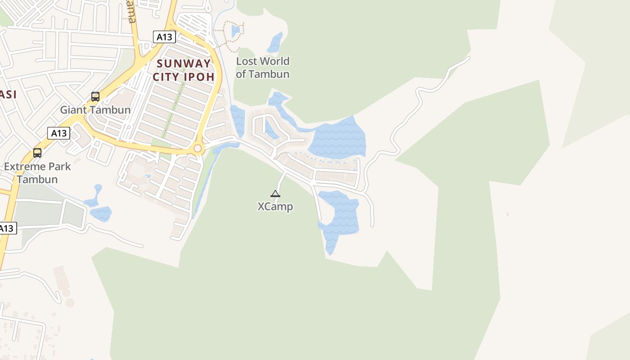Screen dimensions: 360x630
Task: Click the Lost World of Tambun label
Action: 262,67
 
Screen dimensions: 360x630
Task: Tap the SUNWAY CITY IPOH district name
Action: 184,70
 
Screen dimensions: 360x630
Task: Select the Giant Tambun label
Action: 95,110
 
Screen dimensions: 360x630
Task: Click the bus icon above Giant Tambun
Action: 95,96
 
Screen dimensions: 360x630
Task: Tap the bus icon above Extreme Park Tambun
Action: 37,153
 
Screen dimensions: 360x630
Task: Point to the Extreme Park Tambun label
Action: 37,173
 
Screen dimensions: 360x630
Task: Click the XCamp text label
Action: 275,207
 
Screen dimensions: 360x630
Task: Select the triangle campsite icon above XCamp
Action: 275,194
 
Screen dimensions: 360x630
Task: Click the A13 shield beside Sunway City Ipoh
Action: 164,37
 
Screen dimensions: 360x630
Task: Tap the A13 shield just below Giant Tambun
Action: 58,133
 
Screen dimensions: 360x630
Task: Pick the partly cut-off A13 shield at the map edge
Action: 7,228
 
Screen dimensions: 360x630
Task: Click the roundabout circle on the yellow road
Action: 197,148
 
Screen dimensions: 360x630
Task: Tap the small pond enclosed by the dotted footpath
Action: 235,31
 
